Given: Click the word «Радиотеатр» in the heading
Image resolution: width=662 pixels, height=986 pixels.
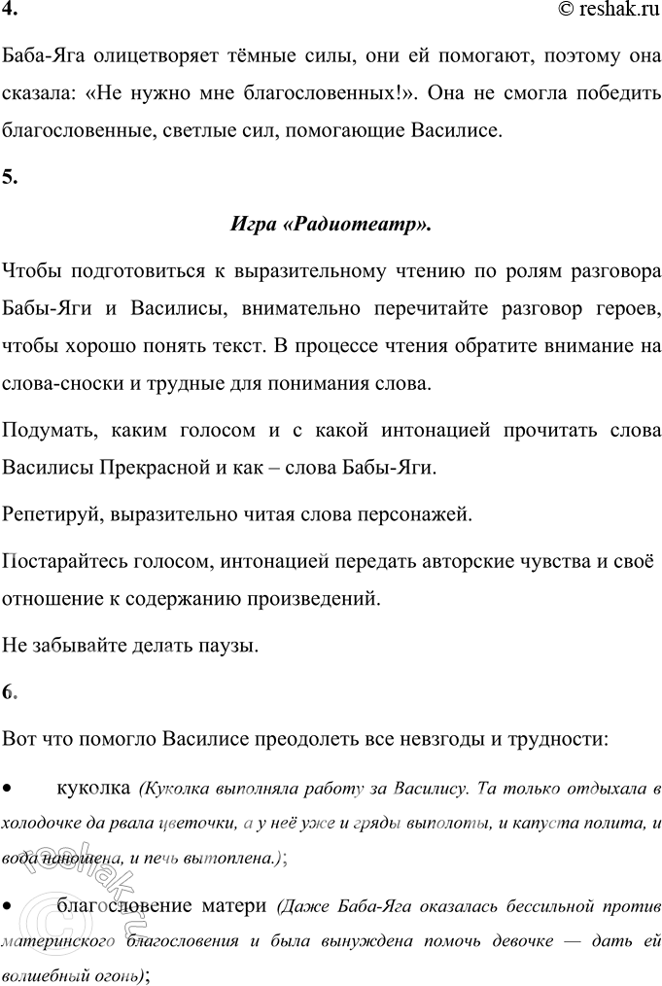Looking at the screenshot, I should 374,224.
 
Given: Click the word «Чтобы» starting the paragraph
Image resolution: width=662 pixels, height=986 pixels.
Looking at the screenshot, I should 31,269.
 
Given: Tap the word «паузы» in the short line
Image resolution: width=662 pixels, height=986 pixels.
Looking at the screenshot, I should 229,644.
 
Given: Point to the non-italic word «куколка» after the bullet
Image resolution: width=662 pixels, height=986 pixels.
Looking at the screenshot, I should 92,786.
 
